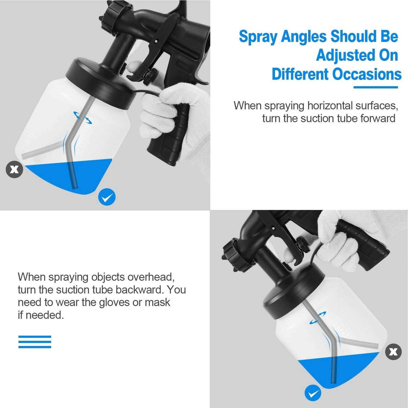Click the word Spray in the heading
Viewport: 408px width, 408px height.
pyautogui.click(x=258, y=37)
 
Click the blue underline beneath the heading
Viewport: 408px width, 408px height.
pyautogui.click(x=376, y=87)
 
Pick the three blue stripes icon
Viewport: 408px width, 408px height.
pyautogui.click(x=35, y=342)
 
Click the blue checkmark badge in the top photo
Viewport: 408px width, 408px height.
pyautogui.click(x=107, y=197)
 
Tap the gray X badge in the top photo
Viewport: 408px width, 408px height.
pyautogui.click(x=14, y=169)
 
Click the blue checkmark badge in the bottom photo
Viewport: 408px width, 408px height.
pyautogui.click(x=313, y=393)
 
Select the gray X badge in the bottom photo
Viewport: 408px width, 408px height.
pyautogui.click(x=393, y=352)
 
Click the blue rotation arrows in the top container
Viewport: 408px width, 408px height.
pyautogui.click(x=82, y=117)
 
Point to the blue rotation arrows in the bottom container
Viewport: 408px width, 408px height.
pyautogui.click(x=318, y=318)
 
